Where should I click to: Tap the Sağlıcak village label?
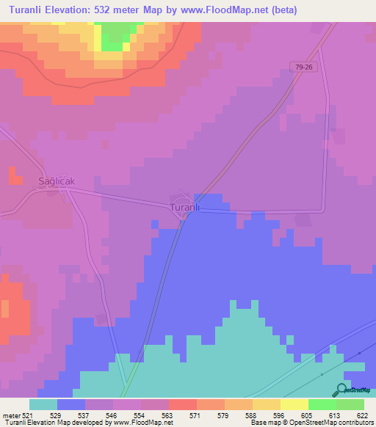coord(57,180)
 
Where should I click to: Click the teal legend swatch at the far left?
coord(43,404)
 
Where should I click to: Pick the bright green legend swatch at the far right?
coord(350,404)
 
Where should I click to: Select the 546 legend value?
coord(112,416)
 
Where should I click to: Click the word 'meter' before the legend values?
coord(10,416)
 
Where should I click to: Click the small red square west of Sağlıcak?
coord(14,175)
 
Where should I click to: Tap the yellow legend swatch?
coord(267,404)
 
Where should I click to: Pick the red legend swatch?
coord(183,404)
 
